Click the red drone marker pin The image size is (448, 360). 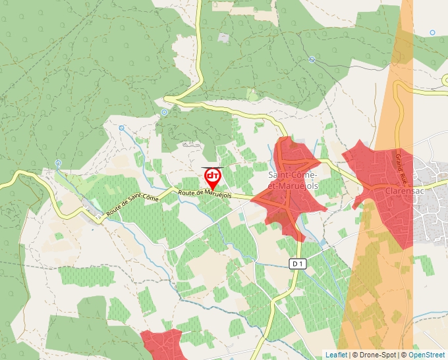coord(212,178)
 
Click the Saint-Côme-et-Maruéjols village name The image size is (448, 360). coord(294,180)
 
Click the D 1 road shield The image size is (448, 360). coord(298,264)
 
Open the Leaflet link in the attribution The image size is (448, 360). coord(336,355)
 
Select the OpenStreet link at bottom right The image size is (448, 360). coord(428,355)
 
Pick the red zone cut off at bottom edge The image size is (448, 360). coord(161,345)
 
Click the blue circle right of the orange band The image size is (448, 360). coord(432,32)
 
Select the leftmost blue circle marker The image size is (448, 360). coord(58,163)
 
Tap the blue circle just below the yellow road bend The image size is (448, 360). coord(164,112)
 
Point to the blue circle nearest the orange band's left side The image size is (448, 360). coord(312,59)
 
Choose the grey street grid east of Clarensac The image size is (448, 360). coord(432,197)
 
